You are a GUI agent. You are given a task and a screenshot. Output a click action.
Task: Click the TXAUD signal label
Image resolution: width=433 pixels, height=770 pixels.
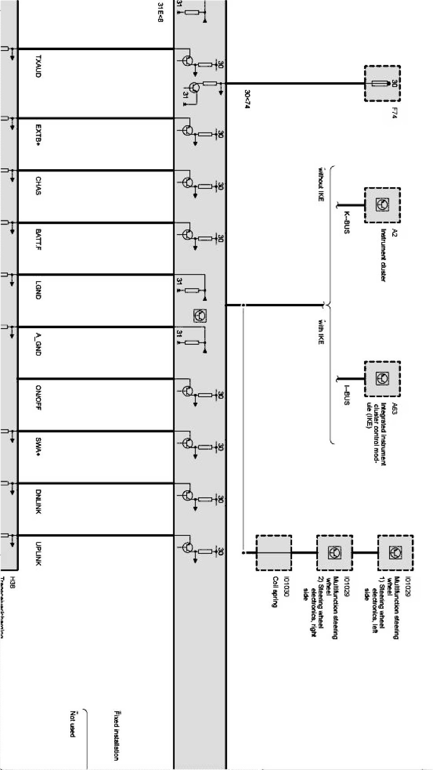[38, 67]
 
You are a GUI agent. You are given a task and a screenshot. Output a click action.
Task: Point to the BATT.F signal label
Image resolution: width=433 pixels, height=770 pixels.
[38, 240]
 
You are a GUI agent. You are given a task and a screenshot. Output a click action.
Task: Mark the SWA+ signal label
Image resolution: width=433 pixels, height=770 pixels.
[38, 448]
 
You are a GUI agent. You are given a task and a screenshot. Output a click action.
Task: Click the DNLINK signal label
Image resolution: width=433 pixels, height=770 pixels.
[38, 500]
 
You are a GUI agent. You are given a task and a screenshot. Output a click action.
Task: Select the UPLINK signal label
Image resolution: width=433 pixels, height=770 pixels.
[38, 554]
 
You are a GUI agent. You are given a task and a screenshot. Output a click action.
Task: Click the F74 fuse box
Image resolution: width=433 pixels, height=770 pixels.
[382, 84]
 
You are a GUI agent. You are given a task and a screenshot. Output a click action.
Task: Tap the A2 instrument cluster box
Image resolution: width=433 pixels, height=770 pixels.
[382, 205]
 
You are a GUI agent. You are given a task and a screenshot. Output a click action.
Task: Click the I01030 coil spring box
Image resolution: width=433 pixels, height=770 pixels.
[273, 553]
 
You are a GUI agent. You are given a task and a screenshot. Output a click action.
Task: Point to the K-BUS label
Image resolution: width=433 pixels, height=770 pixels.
[346, 222]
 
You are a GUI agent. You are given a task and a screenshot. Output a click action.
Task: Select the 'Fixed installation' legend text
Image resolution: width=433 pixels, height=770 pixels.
[116, 735]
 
